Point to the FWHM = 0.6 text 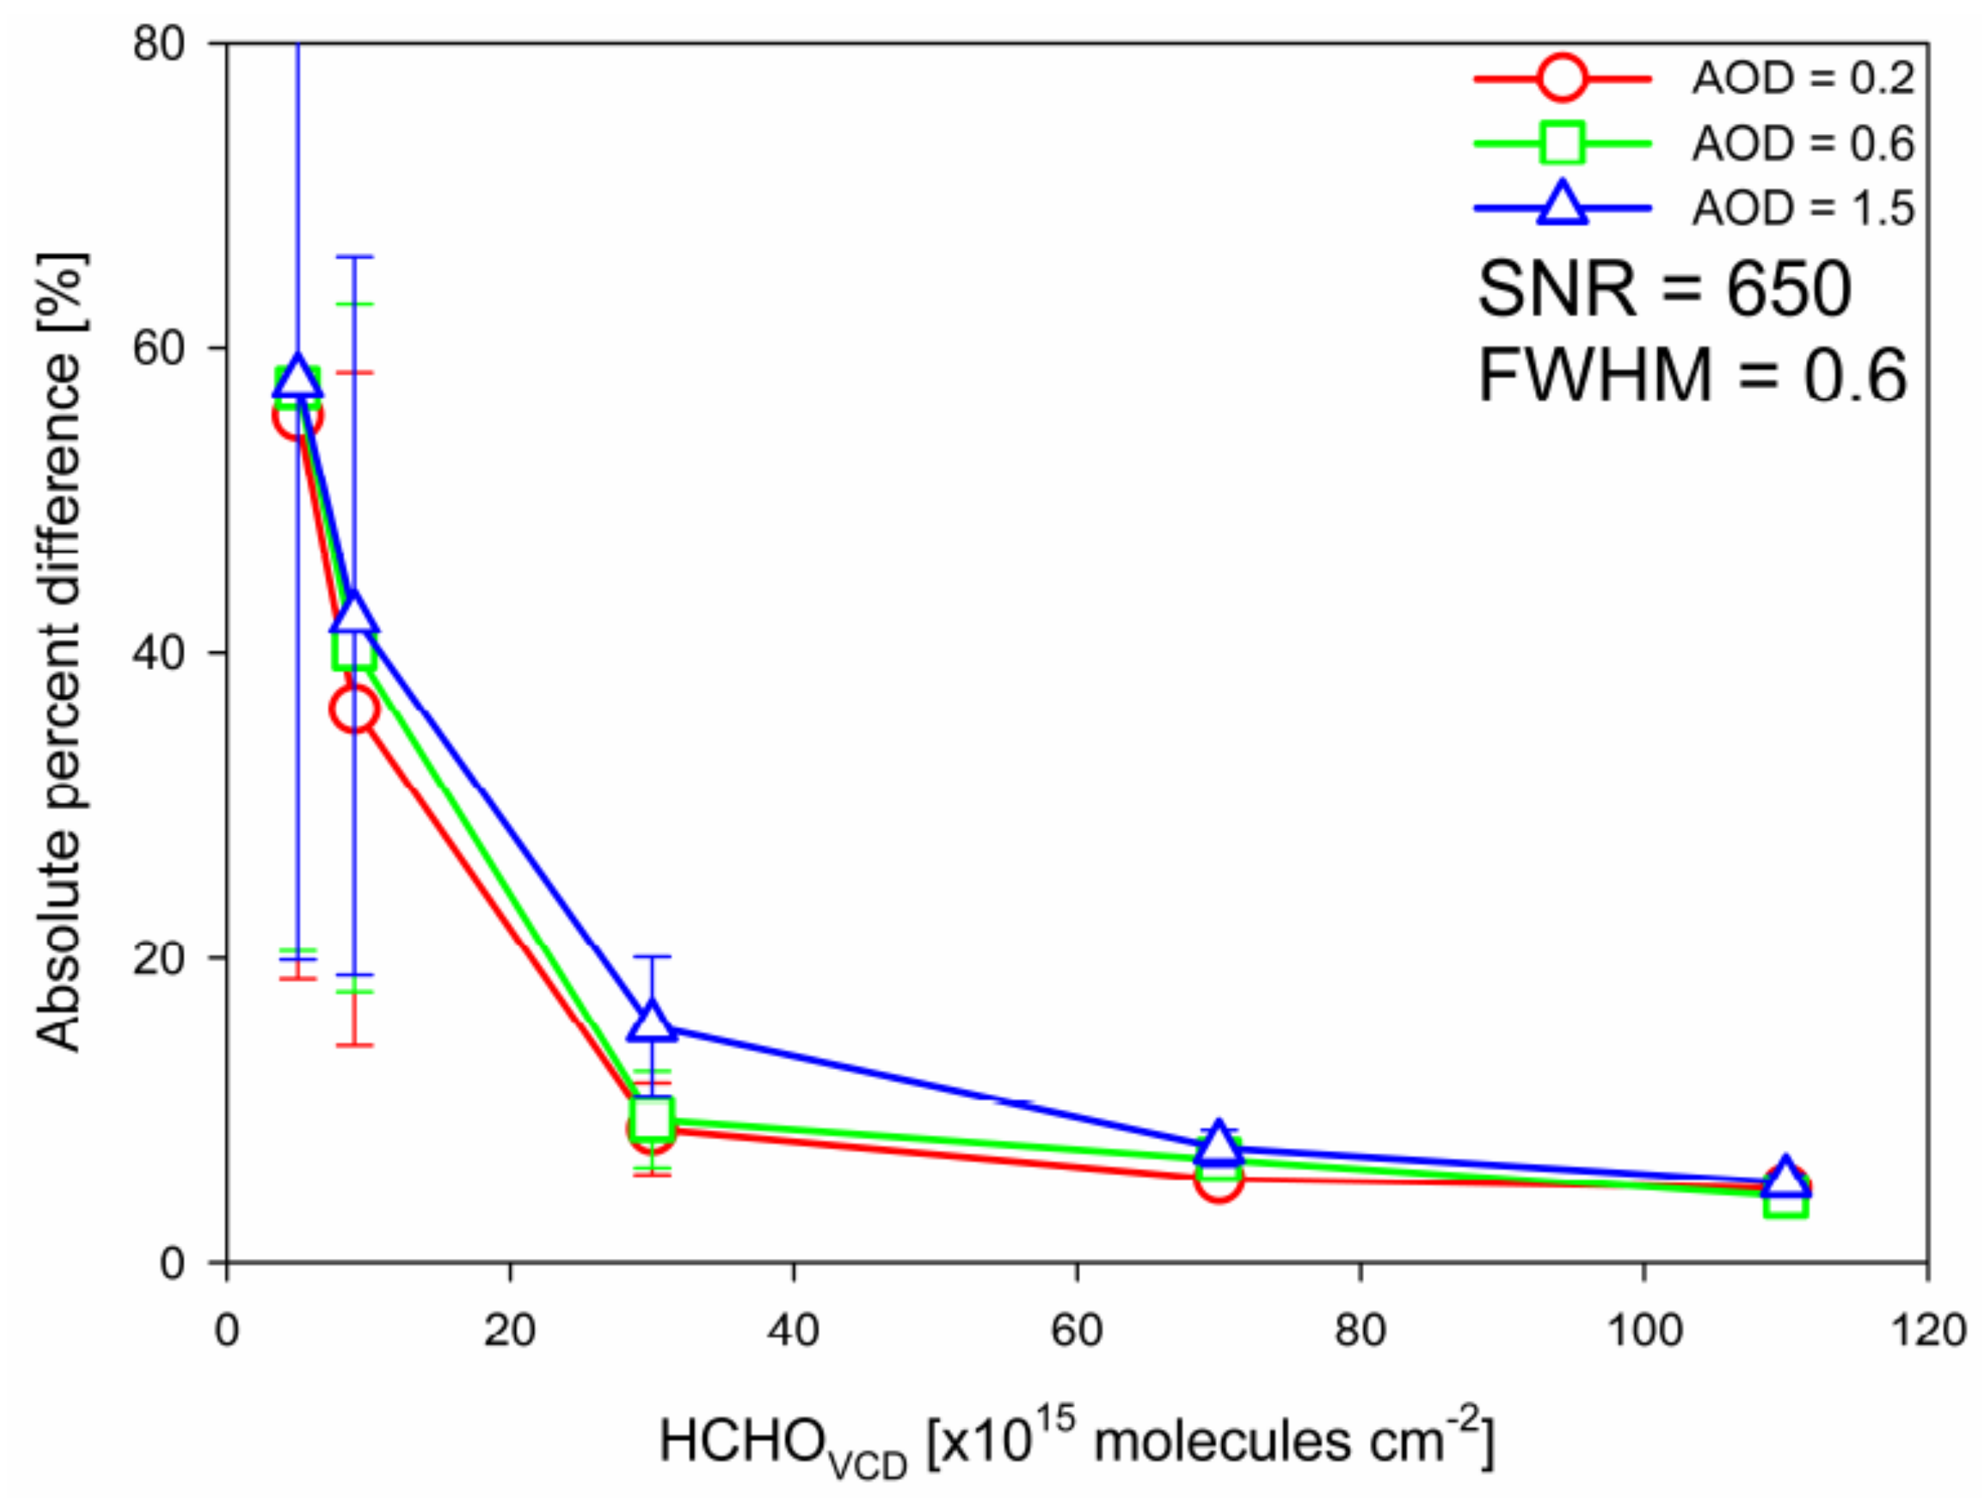click(x=1692, y=375)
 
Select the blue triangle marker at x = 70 click(x=1218, y=1143)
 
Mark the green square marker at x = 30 click(x=652, y=1117)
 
